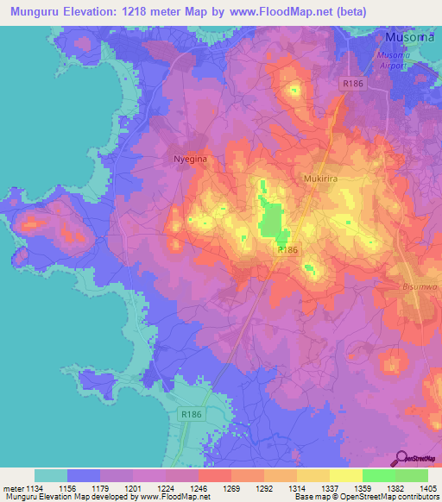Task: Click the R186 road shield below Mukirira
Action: pos(287,249)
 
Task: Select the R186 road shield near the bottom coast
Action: pos(191,415)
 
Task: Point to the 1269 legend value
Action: pos(230,489)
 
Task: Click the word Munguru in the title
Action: pos(33,12)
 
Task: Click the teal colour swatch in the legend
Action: pos(50,475)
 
